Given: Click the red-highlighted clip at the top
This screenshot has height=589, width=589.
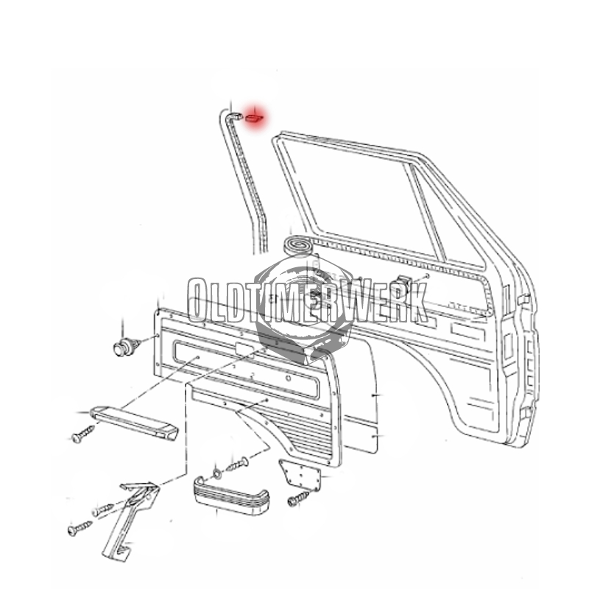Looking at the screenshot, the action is click(254, 119).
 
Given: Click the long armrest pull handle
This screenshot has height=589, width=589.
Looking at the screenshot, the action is click(134, 422).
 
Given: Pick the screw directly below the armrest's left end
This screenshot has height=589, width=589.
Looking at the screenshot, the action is click(82, 434).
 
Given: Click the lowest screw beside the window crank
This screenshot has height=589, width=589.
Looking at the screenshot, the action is click(80, 528).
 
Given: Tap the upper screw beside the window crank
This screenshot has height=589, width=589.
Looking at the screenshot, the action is click(103, 509).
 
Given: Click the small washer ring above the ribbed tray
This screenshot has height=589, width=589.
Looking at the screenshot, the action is click(217, 473).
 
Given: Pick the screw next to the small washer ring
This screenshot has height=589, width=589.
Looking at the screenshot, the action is click(238, 465).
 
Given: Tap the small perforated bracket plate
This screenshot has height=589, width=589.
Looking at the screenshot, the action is click(300, 474).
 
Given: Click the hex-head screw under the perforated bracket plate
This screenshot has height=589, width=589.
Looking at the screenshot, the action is click(298, 499).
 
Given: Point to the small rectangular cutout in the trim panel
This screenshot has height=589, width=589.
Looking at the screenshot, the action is click(243, 349).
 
